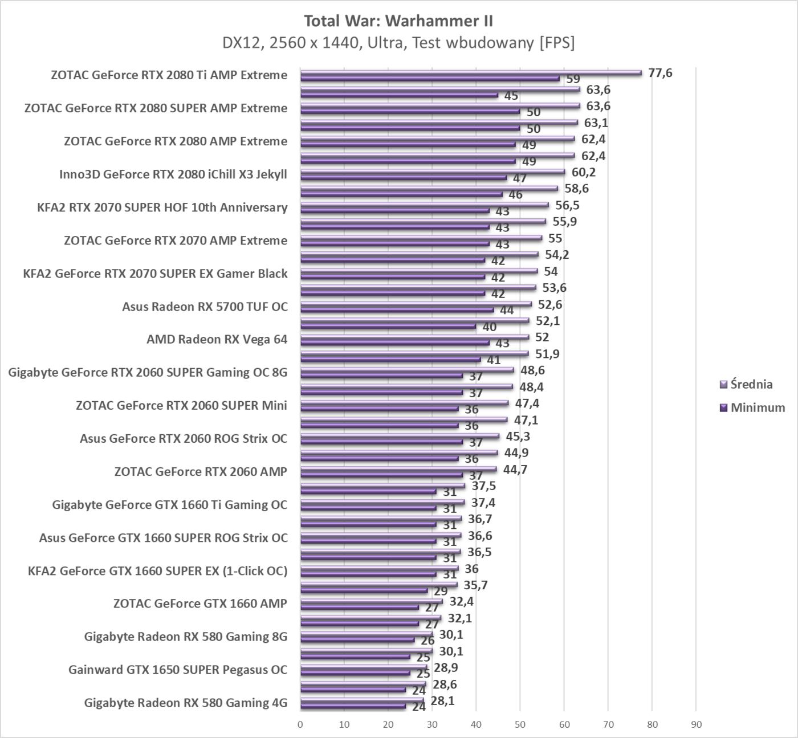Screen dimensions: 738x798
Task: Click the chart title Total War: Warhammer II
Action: tap(398, 21)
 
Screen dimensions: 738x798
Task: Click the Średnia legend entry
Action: tap(751, 384)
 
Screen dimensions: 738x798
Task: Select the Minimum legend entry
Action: tap(757, 407)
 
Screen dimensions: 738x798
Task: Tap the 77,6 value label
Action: tap(660, 73)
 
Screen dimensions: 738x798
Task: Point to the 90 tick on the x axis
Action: tap(696, 724)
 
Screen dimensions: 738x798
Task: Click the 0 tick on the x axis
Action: tap(300, 724)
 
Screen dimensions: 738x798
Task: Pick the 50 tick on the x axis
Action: tap(520, 724)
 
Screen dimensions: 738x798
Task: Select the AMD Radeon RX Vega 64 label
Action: tap(217, 340)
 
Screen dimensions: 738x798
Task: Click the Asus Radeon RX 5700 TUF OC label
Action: tap(205, 307)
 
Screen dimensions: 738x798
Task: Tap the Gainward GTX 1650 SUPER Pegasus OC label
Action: tap(178, 670)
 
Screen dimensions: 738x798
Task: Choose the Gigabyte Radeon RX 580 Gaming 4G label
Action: tap(185, 703)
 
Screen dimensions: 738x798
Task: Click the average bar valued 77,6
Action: tap(470, 72)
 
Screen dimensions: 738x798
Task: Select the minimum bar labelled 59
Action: tap(429, 78)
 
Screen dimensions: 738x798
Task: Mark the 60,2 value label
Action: tap(584, 172)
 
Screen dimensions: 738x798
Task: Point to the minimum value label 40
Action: tap(489, 327)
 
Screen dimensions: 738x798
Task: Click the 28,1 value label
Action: tap(442, 700)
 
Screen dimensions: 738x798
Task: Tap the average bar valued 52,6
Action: tap(416, 304)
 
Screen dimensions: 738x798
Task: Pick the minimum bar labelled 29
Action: tap(364, 590)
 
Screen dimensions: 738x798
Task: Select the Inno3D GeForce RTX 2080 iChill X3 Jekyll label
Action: tap(173, 174)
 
